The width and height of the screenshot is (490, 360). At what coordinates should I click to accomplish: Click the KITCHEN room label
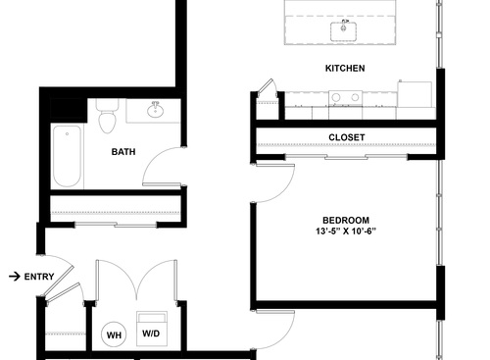click(345, 69)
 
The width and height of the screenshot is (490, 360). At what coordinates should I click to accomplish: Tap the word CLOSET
click(347, 138)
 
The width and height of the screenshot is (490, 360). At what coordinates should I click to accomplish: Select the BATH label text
click(123, 152)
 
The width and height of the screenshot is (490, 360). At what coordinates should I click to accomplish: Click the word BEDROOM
click(346, 219)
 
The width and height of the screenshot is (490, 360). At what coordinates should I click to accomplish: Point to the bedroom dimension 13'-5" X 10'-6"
click(346, 231)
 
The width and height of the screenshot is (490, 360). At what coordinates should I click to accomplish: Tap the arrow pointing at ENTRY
click(13, 277)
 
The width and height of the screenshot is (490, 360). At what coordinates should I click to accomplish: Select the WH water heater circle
click(114, 335)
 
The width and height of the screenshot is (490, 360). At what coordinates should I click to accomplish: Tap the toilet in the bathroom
click(108, 116)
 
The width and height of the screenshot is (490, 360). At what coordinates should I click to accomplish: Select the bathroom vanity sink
click(154, 109)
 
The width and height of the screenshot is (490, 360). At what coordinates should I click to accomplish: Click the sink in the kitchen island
click(345, 29)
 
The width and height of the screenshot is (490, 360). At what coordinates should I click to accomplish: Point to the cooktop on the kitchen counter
click(343, 98)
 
